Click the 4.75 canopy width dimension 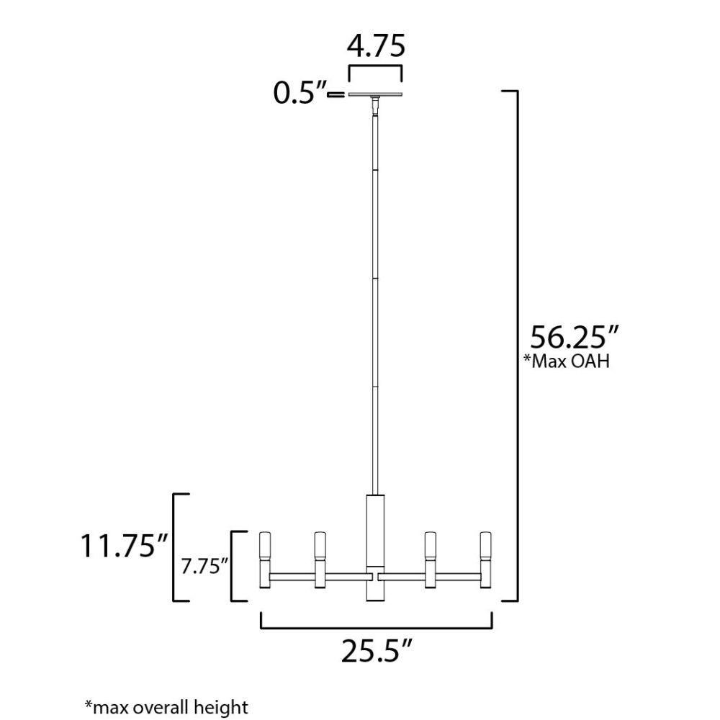(376, 46)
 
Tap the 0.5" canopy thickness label (300, 93)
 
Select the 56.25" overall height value (575, 338)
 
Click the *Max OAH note (567, 361)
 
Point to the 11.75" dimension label (125, 546)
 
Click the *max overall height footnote (166, 707)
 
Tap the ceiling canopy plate (376, 94)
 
